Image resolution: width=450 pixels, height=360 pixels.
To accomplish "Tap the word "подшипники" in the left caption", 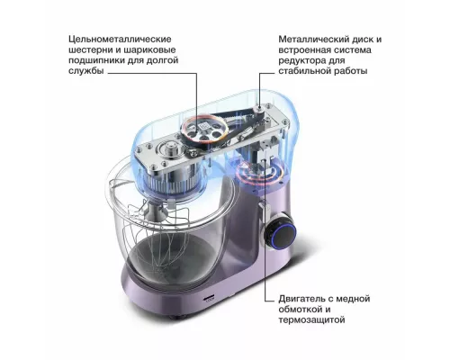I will click(x=112, y=67).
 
